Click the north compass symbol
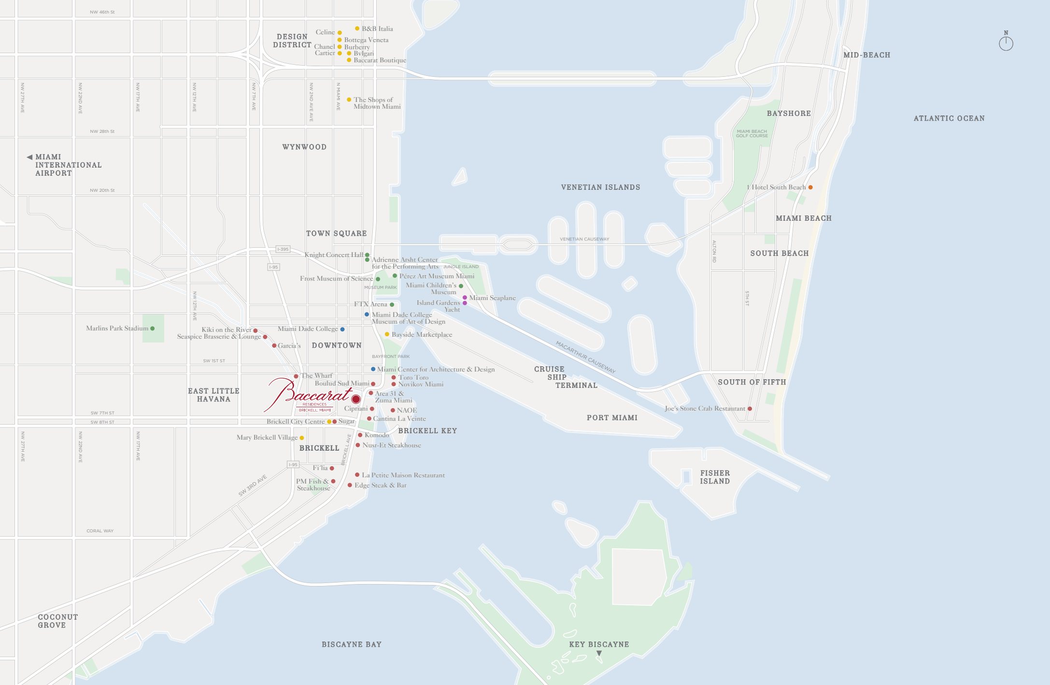[1006, 43]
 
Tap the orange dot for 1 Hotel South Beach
[810, 187]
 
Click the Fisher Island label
[715, 477]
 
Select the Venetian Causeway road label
[584, 239]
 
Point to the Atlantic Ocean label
[949, 118]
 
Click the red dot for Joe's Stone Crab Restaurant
[750, 409]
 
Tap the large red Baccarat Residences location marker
[356, 399]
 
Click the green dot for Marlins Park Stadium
[153, 328]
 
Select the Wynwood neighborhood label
[304, 147]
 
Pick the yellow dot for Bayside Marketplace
[387, 334]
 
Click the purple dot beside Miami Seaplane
[465, 298]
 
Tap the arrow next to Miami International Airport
[29, 157]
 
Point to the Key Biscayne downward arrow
[599, 653]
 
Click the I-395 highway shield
[283, 249]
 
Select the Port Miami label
[612, 418]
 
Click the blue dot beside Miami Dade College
[342, 329]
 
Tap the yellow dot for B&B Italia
[357, 29]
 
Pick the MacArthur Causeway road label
[585, 357]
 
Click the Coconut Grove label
[57, 621]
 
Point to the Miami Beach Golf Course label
[752, 133]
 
